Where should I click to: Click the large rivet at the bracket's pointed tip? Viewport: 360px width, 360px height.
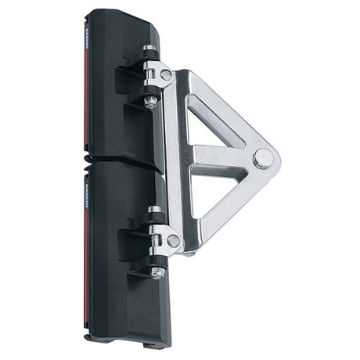(263, 158)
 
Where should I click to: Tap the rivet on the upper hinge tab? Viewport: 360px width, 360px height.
(166, 75)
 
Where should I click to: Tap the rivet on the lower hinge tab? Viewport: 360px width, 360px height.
(173, 241)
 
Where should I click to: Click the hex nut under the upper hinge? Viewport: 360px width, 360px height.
(151, 100)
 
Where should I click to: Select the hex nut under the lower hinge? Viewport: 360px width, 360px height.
(157, 272)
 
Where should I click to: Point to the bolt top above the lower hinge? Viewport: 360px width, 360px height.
(155, 211)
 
